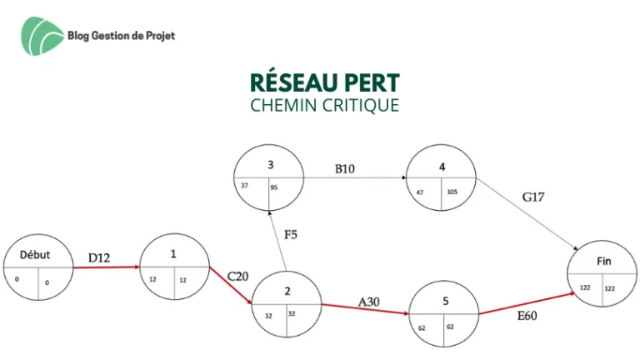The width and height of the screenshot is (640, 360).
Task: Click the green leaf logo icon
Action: tap(42, 36)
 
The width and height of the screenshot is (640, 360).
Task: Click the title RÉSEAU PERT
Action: tap(325, 82)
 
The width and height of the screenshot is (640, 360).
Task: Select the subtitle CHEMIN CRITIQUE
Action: tap(324, 105)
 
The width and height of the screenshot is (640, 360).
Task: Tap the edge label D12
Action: tap(99, 258)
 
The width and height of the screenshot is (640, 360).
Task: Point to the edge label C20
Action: tap(238, 277)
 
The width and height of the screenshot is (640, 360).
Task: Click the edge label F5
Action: tap(291, 235)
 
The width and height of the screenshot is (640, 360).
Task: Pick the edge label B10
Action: tap(345, 168)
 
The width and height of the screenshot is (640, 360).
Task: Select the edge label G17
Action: tap(533, 197)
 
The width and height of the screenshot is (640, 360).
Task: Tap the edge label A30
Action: tap(369, 302)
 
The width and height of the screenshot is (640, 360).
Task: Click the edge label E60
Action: tap(527, 316)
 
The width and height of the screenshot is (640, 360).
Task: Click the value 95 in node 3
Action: tap(274, 187)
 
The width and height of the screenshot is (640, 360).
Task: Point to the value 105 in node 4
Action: tap(452, 192)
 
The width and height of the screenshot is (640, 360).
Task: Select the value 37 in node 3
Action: tap(244, 186)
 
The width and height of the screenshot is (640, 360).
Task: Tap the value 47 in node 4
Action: tap(420, 192)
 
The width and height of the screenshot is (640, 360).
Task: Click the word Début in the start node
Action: tap(35, 255)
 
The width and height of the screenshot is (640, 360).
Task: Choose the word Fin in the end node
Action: tap(604, 261)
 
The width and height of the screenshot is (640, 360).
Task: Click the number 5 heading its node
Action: tap(446, 301)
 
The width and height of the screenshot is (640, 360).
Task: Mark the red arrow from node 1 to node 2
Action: tap(231, 286)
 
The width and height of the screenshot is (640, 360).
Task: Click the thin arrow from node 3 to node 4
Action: tap(355, 177)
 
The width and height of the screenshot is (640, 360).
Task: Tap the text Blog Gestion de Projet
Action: tap(121, 36)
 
